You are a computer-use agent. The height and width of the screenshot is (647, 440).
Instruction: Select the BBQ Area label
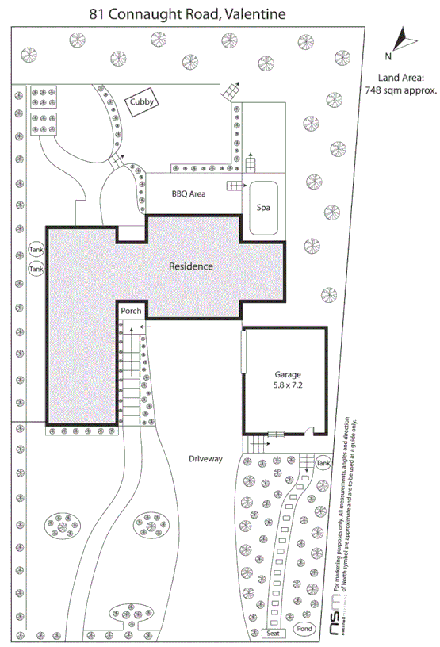point(189,193)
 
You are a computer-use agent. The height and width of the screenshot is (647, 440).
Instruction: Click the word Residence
point(191,266)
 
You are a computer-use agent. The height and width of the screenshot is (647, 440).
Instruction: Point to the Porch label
point(131,311)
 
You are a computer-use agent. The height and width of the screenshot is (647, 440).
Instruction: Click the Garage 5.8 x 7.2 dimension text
point(284,387)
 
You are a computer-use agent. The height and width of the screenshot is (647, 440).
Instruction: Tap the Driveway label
point(205,459)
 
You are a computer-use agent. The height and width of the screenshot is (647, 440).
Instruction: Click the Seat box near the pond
point(274,634)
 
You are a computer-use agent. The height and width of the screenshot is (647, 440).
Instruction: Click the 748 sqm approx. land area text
point(401,91)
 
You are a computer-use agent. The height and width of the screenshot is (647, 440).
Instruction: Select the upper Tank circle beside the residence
point(36,250)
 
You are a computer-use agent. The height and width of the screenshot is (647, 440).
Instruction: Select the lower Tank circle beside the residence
point(36,270)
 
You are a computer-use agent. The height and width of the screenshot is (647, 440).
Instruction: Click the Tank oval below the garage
point(323,463)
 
